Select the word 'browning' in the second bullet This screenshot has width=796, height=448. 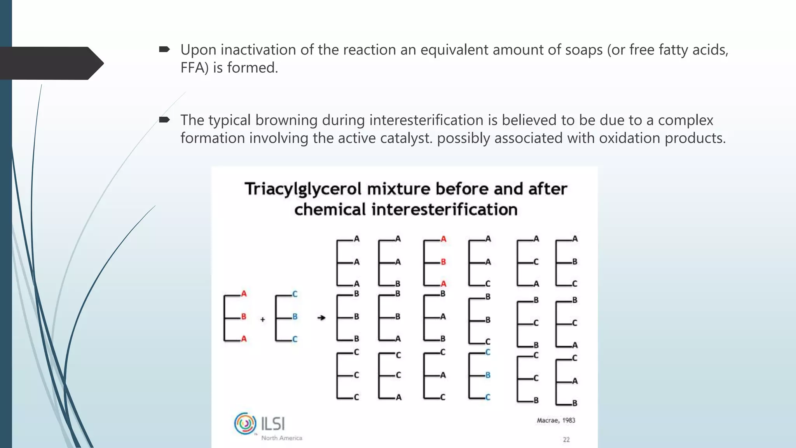[286, 120]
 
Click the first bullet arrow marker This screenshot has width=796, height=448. [164, 49]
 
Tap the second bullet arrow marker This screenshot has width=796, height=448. [164, 119]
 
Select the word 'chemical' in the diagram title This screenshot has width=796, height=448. [330, 210]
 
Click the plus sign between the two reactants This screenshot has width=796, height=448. [263, 319]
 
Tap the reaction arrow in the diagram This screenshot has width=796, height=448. [321, 318]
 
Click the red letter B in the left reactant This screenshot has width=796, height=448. [244, 317]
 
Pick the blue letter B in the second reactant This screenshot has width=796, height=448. [295, 317]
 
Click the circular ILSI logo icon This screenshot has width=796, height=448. [245, 423]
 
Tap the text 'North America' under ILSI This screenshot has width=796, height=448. [281, 438]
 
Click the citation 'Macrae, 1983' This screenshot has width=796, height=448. [556, 420]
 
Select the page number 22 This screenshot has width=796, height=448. [566, 439]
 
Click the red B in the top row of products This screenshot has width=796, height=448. [443, 262]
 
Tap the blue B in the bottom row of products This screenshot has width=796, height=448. [488, 375]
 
